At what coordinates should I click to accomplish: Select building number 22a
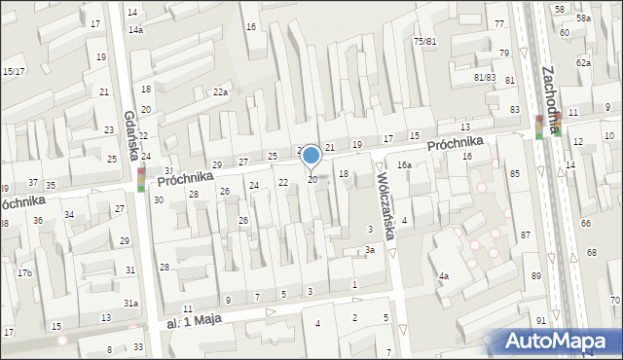point(221,92)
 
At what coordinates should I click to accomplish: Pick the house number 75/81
point(424,42)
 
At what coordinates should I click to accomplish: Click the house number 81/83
point(485,77)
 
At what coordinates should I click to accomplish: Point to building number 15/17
point(14,71)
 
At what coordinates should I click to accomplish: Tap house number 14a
point(135,30)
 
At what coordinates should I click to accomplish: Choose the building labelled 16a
point(404,166)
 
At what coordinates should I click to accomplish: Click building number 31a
point(130,304)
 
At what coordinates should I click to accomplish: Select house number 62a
point(583,62)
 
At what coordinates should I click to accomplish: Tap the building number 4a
point(443,276)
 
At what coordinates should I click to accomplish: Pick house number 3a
point(370,250)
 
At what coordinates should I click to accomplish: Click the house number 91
point(541,320)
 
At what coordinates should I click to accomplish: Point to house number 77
point(499,23)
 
